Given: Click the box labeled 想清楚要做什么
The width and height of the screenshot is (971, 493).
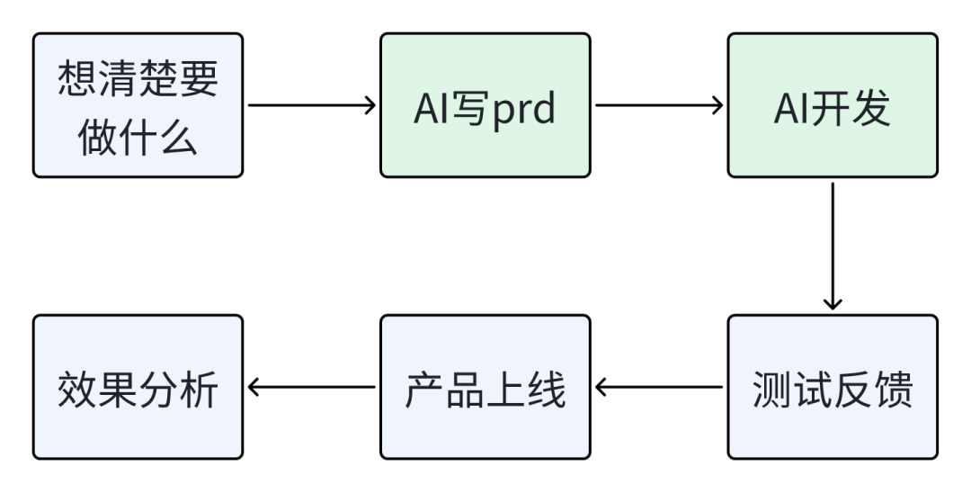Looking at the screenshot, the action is pos(138,105).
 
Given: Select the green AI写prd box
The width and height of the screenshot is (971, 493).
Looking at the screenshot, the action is pos(485,105).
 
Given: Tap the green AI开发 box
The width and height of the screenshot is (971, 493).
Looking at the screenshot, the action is pos(833,105).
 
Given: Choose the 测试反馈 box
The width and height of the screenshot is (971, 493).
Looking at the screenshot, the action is pos(833,387).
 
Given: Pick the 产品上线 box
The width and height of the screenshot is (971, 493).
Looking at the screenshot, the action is pos(485,387).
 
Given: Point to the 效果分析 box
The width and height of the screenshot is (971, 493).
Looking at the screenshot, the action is pos(138,387).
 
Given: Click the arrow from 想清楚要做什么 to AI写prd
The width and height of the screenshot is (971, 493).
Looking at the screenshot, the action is pos(311,105).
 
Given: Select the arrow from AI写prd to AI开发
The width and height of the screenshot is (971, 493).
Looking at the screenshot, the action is pos(659,105).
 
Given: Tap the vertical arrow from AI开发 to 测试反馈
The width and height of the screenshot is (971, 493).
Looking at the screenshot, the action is pos(833,246).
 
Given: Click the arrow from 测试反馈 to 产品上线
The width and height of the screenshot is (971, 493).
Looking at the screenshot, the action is pos(659,387).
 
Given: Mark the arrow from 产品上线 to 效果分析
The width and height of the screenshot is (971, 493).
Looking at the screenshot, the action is pos(311,387).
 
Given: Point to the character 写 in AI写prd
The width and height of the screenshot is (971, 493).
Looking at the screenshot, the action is pos(470,108).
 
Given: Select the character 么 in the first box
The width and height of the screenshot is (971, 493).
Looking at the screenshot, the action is pos(178,136).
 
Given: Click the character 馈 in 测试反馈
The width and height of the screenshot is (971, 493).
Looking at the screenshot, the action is pos(893,390).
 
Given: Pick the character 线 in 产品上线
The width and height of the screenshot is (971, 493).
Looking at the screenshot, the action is pos(546,390).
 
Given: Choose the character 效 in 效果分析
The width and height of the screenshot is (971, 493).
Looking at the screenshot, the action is pos(77,390).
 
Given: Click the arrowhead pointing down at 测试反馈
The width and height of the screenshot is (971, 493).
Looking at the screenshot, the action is pos(833,303).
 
